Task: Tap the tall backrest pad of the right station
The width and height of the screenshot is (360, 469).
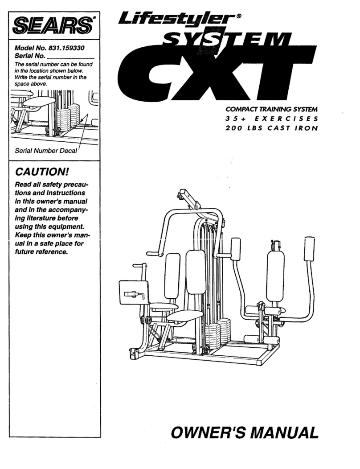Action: pos(275,276)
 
